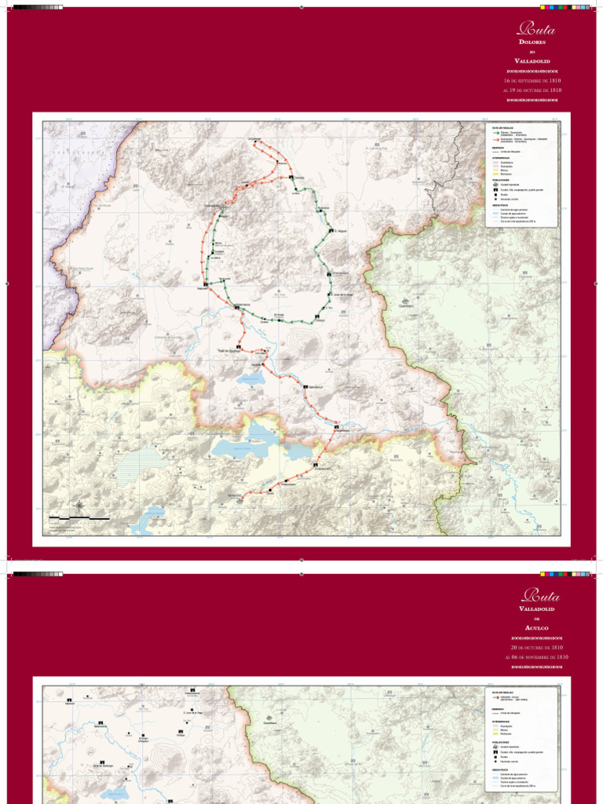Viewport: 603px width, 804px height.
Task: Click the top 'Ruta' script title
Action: click(536, 30)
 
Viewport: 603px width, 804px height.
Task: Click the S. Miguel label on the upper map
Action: click(340, 231)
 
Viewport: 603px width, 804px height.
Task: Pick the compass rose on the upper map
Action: click(79, 506)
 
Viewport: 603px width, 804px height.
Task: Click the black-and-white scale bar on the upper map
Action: click(79, 519)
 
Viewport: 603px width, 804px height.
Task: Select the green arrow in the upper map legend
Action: click(495, 133)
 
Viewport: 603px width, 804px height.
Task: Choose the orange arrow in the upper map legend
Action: click(495, 140)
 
